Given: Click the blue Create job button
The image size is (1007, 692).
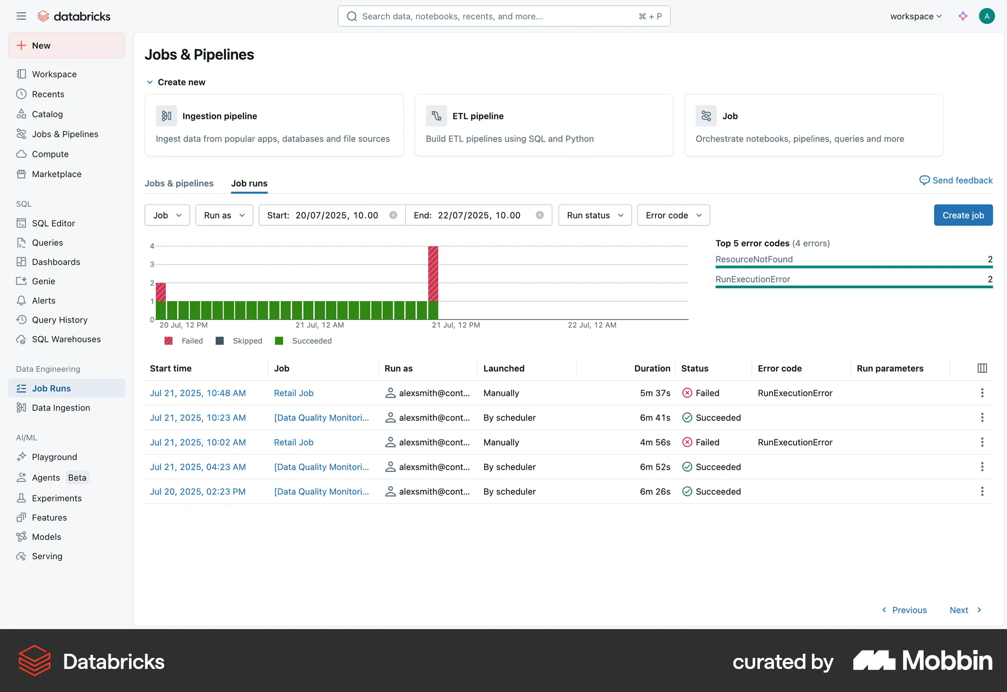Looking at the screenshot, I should point(963,215).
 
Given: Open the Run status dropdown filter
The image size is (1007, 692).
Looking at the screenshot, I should point(595,215).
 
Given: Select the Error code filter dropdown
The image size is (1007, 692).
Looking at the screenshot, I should point(673,215).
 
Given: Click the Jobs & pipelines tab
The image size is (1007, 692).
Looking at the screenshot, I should point(179,183).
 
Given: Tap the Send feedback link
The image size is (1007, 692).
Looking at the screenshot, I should point(956,180).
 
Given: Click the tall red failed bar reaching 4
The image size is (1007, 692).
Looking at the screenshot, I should point(433,273).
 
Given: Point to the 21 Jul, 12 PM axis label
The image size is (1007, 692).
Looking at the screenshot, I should point(456,325).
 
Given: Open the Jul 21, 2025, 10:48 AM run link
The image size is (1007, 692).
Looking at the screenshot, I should point(198,393).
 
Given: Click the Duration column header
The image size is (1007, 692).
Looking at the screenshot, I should point(652,368).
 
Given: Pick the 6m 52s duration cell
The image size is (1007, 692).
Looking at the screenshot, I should point(655,467).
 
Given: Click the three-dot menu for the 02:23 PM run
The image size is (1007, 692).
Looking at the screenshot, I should point(982,491).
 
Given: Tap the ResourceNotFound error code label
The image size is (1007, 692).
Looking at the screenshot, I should point(754,259).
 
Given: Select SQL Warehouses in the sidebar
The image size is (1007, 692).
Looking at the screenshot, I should point(66,339).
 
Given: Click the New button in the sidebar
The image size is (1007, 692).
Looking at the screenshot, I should point(67,46).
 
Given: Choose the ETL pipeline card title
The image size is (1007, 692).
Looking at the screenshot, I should point(478,116).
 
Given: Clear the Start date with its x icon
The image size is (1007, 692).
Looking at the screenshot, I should point(393,215).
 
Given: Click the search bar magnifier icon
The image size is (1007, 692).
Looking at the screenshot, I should point(352,16).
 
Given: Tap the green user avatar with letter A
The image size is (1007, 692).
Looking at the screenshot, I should point(987,16).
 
